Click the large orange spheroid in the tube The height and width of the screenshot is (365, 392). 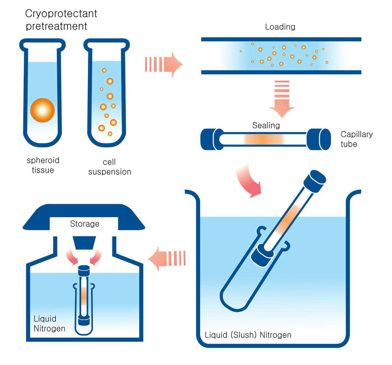coord(42,110)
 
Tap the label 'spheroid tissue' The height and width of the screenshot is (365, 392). coord(43,165)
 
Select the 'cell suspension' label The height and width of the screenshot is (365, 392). coord(110,167)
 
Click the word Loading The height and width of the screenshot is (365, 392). coord(280,27)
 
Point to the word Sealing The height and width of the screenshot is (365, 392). coord(266,125)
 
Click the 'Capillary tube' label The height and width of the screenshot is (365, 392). coord(357,139)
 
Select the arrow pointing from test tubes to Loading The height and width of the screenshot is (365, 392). coord(164,64)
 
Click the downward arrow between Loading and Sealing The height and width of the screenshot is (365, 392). coord(282,99)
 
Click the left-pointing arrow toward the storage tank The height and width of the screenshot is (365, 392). coord(167,259)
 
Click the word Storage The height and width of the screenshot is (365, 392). coord(85,224)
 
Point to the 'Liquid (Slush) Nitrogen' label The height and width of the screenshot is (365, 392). coord(248,335)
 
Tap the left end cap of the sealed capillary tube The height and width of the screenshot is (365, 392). coord(212,139)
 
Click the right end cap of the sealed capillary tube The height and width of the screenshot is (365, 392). coord(319,139)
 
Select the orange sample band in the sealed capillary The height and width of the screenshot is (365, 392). coord(264,139)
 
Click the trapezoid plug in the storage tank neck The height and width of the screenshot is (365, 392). coord(84,243)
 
